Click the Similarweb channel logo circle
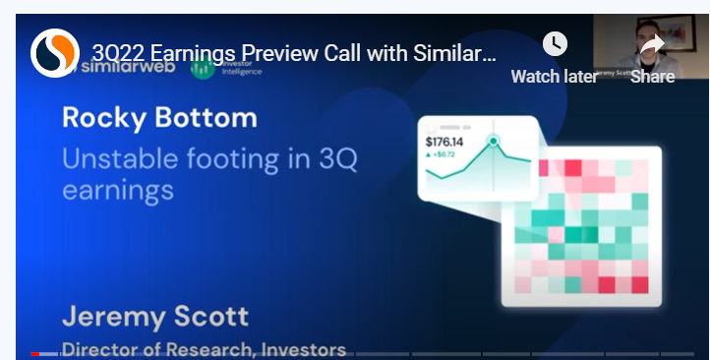(54, 52)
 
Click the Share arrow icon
(652, 45)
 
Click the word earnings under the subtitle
(118, 189)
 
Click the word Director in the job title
(97, 349)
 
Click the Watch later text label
(555, 76)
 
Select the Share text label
(652, 76)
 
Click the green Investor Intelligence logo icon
(203, 68)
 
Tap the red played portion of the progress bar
(35, 353)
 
